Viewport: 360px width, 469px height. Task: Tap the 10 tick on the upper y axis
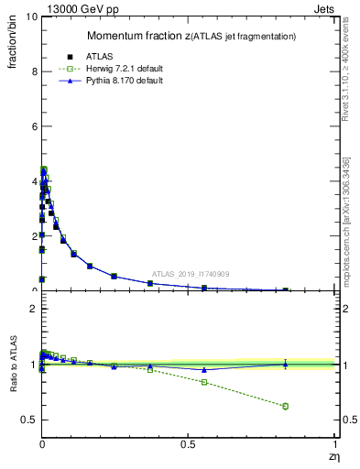click(x=30, y=17)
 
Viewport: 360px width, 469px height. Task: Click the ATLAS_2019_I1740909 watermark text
click(x=191, y=273)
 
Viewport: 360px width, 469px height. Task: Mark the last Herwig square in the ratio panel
click(x=285, y=406)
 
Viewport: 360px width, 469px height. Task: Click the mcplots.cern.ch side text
click(x=346, y=220)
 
